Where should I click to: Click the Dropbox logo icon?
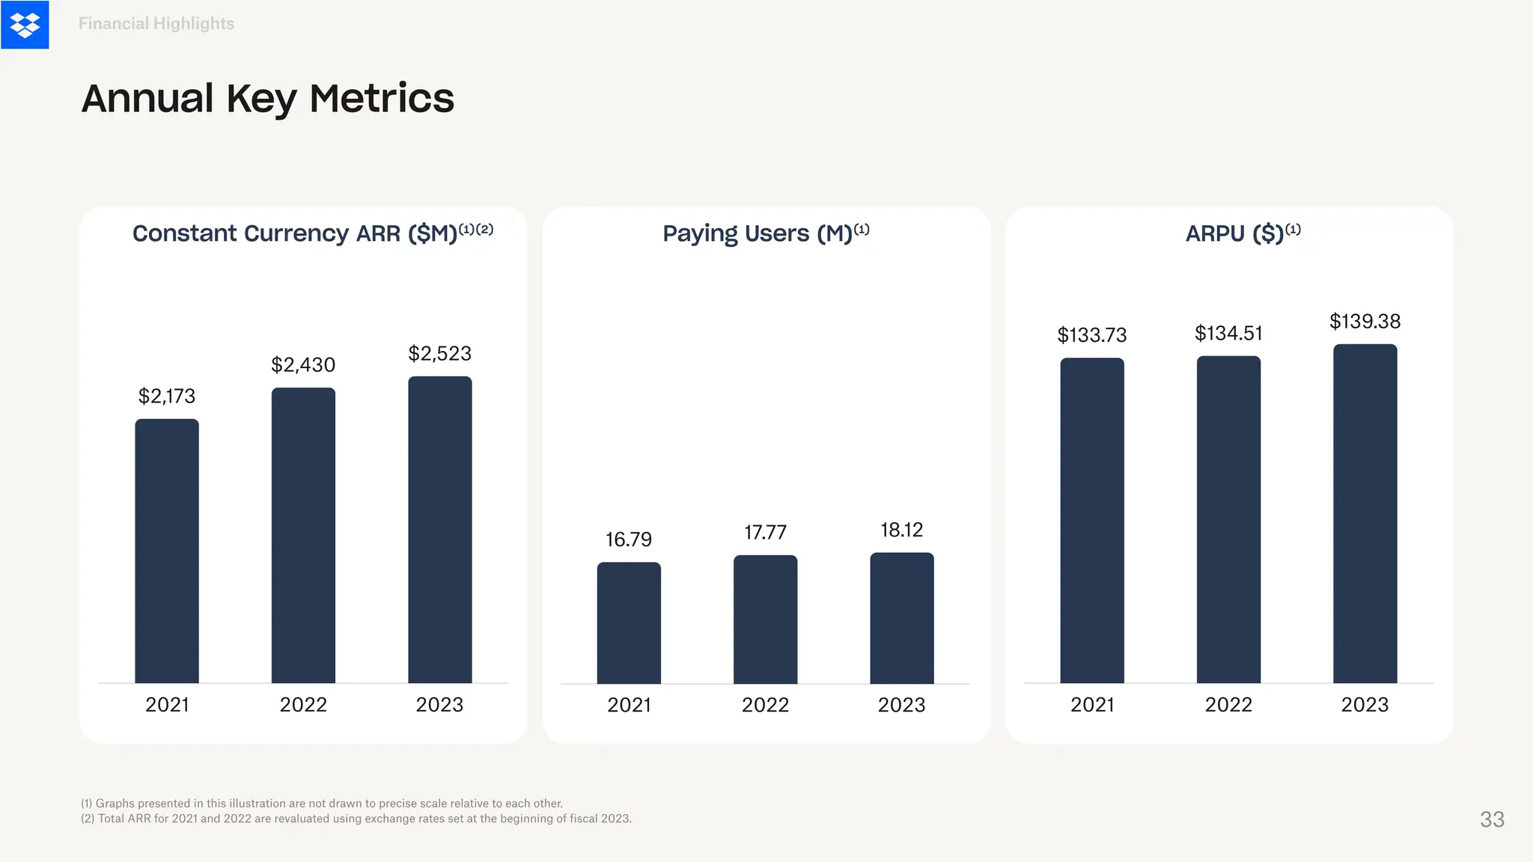point(25,25)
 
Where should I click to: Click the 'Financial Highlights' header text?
point(156,24)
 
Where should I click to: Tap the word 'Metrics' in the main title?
point(381,99)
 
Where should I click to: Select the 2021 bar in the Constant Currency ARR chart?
point(167,551)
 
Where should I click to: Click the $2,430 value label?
point(303,365)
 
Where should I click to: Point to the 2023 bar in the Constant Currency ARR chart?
point(440,530)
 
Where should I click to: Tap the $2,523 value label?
point(440,354)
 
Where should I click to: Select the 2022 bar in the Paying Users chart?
point(765,620)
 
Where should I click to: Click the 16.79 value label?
point(629,539)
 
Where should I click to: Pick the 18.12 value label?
point(901,531)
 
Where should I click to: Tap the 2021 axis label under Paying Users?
point(629,705)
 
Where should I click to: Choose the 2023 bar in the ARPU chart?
point(1365,513)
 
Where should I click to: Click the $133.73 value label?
point(1091,335)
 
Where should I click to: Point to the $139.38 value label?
point(1365,322)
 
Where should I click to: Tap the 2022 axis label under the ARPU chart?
point(1228,705)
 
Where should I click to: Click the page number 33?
point(1492,819)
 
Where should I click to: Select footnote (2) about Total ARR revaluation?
point(356,819)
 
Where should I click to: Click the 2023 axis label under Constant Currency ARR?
point(440,705)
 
